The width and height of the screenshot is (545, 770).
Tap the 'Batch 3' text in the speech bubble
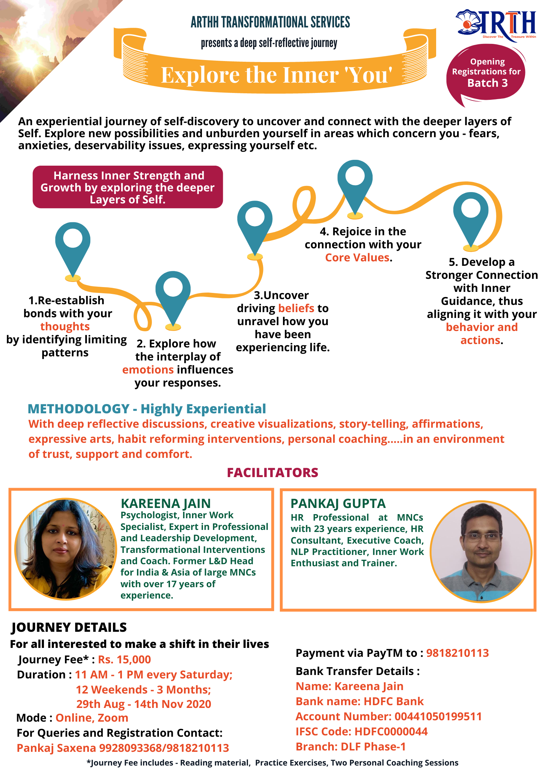pos(487,83)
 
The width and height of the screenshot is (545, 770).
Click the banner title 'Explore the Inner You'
pos(276,75)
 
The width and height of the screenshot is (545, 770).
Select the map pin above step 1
pos(73,244)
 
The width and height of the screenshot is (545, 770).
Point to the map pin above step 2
pos(173,292)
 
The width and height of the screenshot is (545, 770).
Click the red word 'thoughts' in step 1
pos(65,327)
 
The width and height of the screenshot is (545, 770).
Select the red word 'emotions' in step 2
pos(148,370)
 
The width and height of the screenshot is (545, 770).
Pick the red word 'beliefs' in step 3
pos(296,308)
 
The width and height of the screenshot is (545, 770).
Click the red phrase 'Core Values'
pos(357,258)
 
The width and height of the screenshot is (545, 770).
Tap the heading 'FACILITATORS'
pos(272,473)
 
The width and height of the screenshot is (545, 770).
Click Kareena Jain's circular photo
pos(65,549)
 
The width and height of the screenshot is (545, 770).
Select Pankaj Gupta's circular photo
pos(481,551)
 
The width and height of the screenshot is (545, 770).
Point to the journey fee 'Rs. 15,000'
pos(124,660)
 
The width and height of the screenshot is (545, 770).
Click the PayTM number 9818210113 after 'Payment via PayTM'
pos(457,653)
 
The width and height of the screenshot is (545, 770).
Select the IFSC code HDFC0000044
pos(391,732)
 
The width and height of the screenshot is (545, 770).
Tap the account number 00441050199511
pos(438,716)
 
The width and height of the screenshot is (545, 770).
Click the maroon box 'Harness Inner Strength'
pos(128,187)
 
